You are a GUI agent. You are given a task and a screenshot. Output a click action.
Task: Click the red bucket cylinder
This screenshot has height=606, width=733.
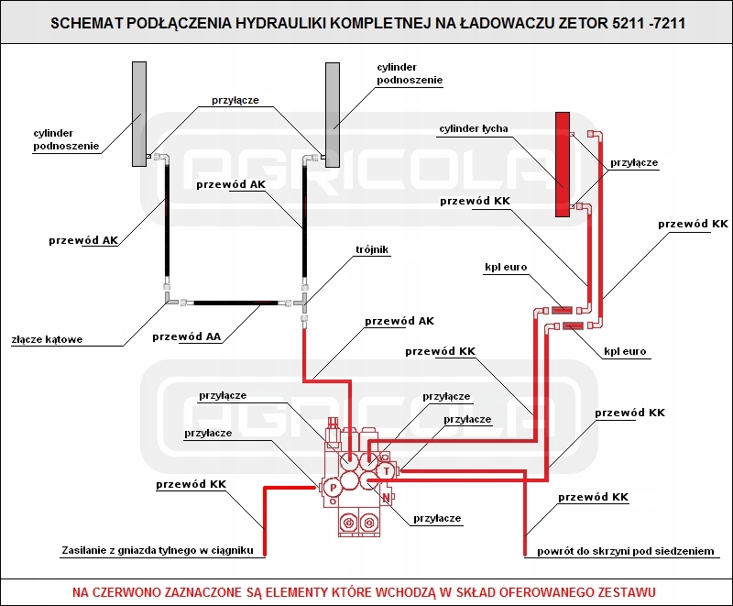click(x=563, y=164)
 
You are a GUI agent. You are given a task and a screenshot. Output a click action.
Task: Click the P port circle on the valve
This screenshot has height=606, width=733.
click(x=331, y=488)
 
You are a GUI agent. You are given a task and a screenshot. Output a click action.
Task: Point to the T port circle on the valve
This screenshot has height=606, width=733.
click(x=388, y=470)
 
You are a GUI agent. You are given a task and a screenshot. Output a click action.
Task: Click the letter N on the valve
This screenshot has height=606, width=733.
click(x=388, y=498)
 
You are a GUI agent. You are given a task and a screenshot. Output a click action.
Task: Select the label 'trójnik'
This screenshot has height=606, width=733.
click(x=373, y=248)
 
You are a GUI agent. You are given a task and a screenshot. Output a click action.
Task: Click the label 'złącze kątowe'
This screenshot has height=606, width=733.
click(x=47, y=339)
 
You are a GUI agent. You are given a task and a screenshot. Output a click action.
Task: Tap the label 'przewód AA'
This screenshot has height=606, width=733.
click(x=187, y=336)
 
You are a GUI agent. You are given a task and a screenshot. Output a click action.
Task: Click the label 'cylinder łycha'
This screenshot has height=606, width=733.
click(x=474, y=128)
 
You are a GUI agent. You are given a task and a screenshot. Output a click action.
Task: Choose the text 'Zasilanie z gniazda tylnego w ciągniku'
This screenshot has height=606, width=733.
click(x=156, y=550)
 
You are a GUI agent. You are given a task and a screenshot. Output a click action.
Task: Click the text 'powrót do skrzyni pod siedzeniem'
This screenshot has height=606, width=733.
click(x=625, y=551)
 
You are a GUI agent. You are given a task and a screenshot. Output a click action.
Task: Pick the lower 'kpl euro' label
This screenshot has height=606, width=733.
click(x=626, y=351)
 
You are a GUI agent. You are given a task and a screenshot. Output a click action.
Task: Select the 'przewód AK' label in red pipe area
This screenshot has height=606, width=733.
click(x=399, y=321)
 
